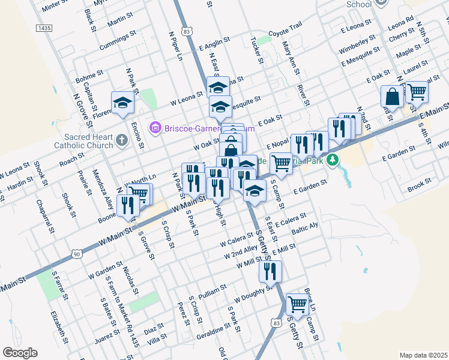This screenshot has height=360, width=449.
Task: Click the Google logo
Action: [x=20, y=353]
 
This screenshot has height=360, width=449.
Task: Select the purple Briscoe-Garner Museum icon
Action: [x=155, y=127]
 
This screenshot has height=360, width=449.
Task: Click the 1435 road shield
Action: [x=44, y=28]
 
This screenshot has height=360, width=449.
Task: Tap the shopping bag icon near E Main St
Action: [x=392, y=97]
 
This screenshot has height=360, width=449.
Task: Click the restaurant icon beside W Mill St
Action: [x=271, y=271]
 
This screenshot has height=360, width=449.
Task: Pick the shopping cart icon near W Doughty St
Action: [x=298, y=304]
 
